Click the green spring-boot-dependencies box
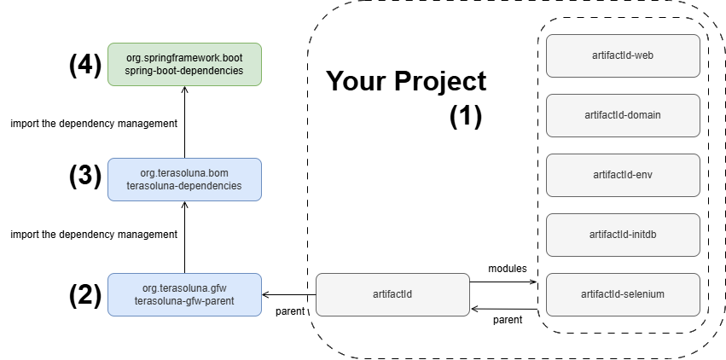coord(185,64)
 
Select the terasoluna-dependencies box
coord(185,178)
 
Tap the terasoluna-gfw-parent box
coord(185,294)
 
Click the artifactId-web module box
coord(622,55)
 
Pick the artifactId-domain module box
coord(622,115)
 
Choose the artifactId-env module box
coord(622,175)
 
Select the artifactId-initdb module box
coord(622,235)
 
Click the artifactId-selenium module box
coord(622,294)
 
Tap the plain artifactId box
coord(392,294)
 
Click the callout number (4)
coord(85,65)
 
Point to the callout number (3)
coord(85,177)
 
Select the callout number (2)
coord(85,294)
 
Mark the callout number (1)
coord(466,116)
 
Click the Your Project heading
coord(406,82)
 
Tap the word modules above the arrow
coord(507,269)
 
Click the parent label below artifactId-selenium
coord(509,321)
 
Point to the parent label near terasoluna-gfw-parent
coord(289,311)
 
